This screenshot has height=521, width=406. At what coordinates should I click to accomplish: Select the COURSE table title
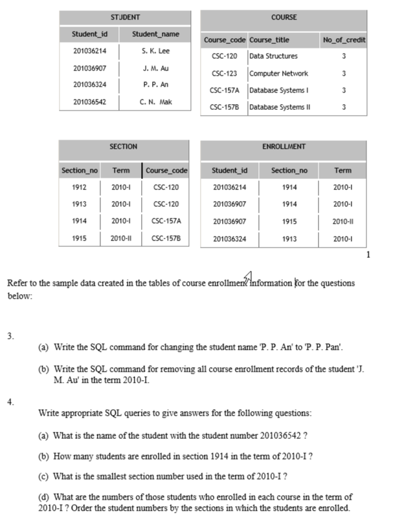(284, 17)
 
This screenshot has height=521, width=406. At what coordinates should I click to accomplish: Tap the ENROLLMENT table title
(284, 147)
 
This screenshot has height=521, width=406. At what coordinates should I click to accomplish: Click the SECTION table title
(123, 147)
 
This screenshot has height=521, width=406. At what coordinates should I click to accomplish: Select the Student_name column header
(155, 34)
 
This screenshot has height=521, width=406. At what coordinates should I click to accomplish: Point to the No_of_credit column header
(344, 40)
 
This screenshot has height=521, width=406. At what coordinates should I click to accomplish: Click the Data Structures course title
(273, 57)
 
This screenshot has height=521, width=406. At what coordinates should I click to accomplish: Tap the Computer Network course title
(278, 74)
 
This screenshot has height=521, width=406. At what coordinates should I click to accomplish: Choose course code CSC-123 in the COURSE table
(224, 74)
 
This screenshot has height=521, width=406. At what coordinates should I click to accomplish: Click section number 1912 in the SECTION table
(80, 187)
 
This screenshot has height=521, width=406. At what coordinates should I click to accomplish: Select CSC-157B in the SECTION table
(166, 239)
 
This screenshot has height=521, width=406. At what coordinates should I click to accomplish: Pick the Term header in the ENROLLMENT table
(343, 171)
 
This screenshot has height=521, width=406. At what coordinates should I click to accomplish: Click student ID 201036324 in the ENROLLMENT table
(229, 239)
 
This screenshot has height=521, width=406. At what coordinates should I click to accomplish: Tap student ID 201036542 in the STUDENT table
(90, 102)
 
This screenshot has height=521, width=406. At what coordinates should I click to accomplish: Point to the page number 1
(368, 255)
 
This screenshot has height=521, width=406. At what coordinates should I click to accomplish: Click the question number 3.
(10, 336)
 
